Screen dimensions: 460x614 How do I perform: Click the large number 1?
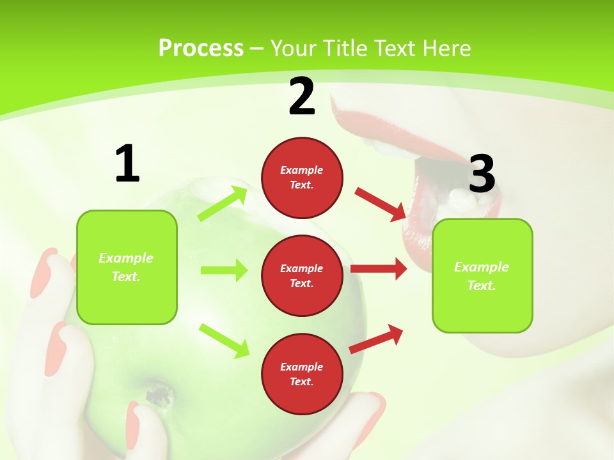[x=127, y=164]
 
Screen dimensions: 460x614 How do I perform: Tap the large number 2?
[x=302, y=96]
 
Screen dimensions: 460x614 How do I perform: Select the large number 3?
[x=482, y=174]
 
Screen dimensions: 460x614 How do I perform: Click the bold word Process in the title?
[x=201, y=48]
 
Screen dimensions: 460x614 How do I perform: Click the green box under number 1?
[x=127, y=267]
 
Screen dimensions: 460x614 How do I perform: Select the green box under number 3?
[x=482, y=276]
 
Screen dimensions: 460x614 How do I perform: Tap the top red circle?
[x=302, y=178]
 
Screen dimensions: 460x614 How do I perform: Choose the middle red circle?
[x=302, y=275]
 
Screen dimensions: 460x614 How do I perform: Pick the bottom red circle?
[x=302, y=374]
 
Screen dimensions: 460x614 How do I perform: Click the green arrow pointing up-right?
[x=223, y=203]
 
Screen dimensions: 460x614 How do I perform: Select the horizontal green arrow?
[x=224, y=270]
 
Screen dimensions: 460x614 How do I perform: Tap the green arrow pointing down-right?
[x=224, y=341]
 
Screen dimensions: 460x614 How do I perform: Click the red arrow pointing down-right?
[x=380, y=204]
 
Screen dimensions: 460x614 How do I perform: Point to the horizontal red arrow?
[x=379, y=269]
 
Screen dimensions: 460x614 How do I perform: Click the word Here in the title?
[x=449, y=48]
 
